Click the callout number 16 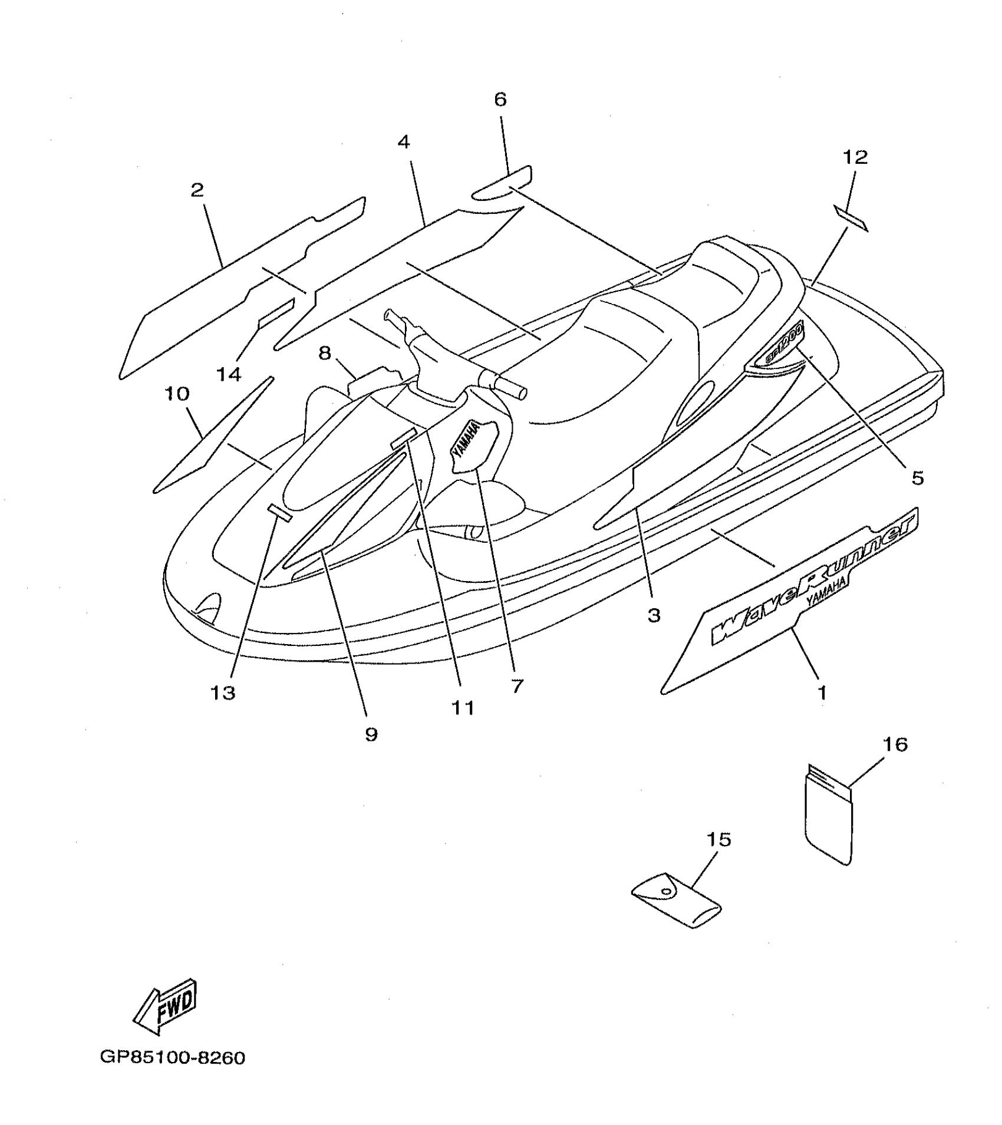coord(895,745)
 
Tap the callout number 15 coord(718,839)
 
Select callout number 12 coord(855,157)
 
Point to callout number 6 coord(500,100)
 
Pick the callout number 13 coord(223,693)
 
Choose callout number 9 coord(371,734)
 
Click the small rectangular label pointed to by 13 coord(280,513)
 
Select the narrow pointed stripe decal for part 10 coord(212,434)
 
